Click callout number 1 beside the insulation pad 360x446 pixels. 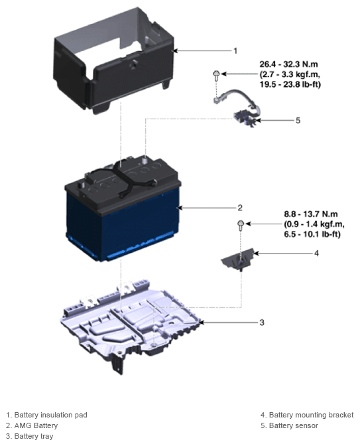point(235,51)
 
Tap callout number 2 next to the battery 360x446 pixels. point(240,208)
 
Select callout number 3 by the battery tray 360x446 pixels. point(262,323)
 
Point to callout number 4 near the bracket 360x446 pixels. point(316,253)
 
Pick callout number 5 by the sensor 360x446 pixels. point(298,120)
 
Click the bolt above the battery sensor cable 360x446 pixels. point(216,74)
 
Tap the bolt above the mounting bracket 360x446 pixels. point(241,225)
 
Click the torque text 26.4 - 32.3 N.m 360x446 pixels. point(288,64)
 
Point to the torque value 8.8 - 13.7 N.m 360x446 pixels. point(311,214)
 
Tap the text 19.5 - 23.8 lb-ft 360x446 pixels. point(290,84)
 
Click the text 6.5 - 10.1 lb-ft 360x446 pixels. point(312,234)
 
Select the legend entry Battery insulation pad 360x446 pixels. point(46,415)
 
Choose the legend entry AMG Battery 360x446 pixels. point(32,425)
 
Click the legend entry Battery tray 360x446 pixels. point(30,436)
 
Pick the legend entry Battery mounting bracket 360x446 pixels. point(307,415)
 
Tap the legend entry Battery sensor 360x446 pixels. point(289,425)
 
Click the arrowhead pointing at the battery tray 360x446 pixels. point(202,323)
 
